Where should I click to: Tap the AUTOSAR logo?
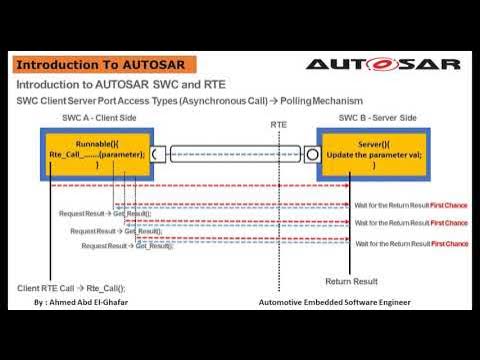point(382,64)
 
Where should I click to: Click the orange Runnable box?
point(97,154)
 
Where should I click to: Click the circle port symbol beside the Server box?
point(312,155)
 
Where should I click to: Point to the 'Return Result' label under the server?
point(351,281)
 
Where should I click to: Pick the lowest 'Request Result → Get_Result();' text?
point(127,246)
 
